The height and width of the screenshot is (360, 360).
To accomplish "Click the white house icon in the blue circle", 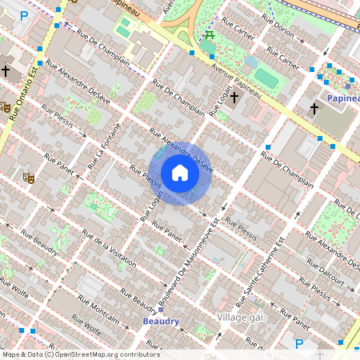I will [180, 174].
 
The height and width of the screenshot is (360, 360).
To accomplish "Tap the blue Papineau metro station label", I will [342, 98].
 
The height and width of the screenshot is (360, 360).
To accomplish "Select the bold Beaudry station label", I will [161, 321].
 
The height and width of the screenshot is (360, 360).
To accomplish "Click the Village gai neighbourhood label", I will [240, 318].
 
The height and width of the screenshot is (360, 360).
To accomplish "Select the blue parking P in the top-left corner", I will [24, 15].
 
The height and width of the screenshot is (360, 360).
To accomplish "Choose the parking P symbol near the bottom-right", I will [299, 344].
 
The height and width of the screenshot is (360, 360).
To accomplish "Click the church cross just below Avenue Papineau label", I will [234, 97].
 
